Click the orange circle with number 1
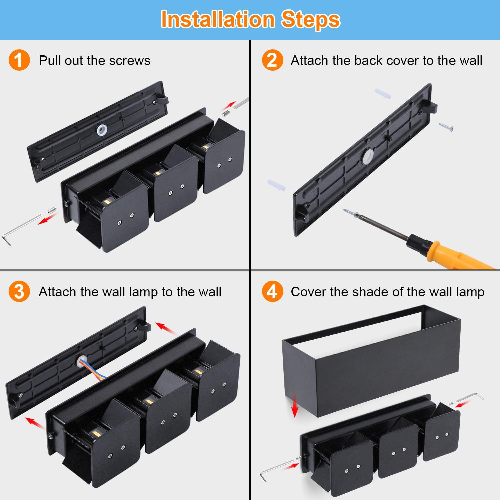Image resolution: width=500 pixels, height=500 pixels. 19,60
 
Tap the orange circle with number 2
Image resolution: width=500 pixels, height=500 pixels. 272,60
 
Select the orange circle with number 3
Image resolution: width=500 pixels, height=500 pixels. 19,291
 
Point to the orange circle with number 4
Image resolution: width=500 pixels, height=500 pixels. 272,291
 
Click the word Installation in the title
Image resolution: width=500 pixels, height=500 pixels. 218,19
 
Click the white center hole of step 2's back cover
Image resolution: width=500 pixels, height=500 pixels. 368,156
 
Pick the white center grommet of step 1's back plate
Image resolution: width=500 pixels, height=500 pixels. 102,130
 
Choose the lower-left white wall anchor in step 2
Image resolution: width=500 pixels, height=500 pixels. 277,185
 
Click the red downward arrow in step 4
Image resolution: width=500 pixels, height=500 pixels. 294,404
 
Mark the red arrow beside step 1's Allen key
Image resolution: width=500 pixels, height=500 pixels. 47,219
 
